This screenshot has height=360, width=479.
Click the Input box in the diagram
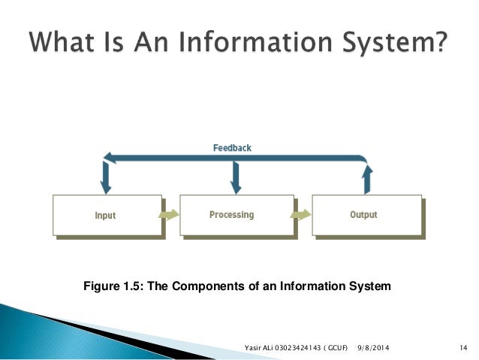click(106, 215)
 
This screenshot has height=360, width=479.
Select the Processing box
click(235, 215)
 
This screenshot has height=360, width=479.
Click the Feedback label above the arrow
click(232, 148)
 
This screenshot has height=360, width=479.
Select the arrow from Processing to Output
click(301, 215)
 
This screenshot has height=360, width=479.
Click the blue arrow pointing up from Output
click(366, 179)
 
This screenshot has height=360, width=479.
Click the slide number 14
click(462, 347)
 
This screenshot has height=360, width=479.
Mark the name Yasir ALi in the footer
click(259, 347)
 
